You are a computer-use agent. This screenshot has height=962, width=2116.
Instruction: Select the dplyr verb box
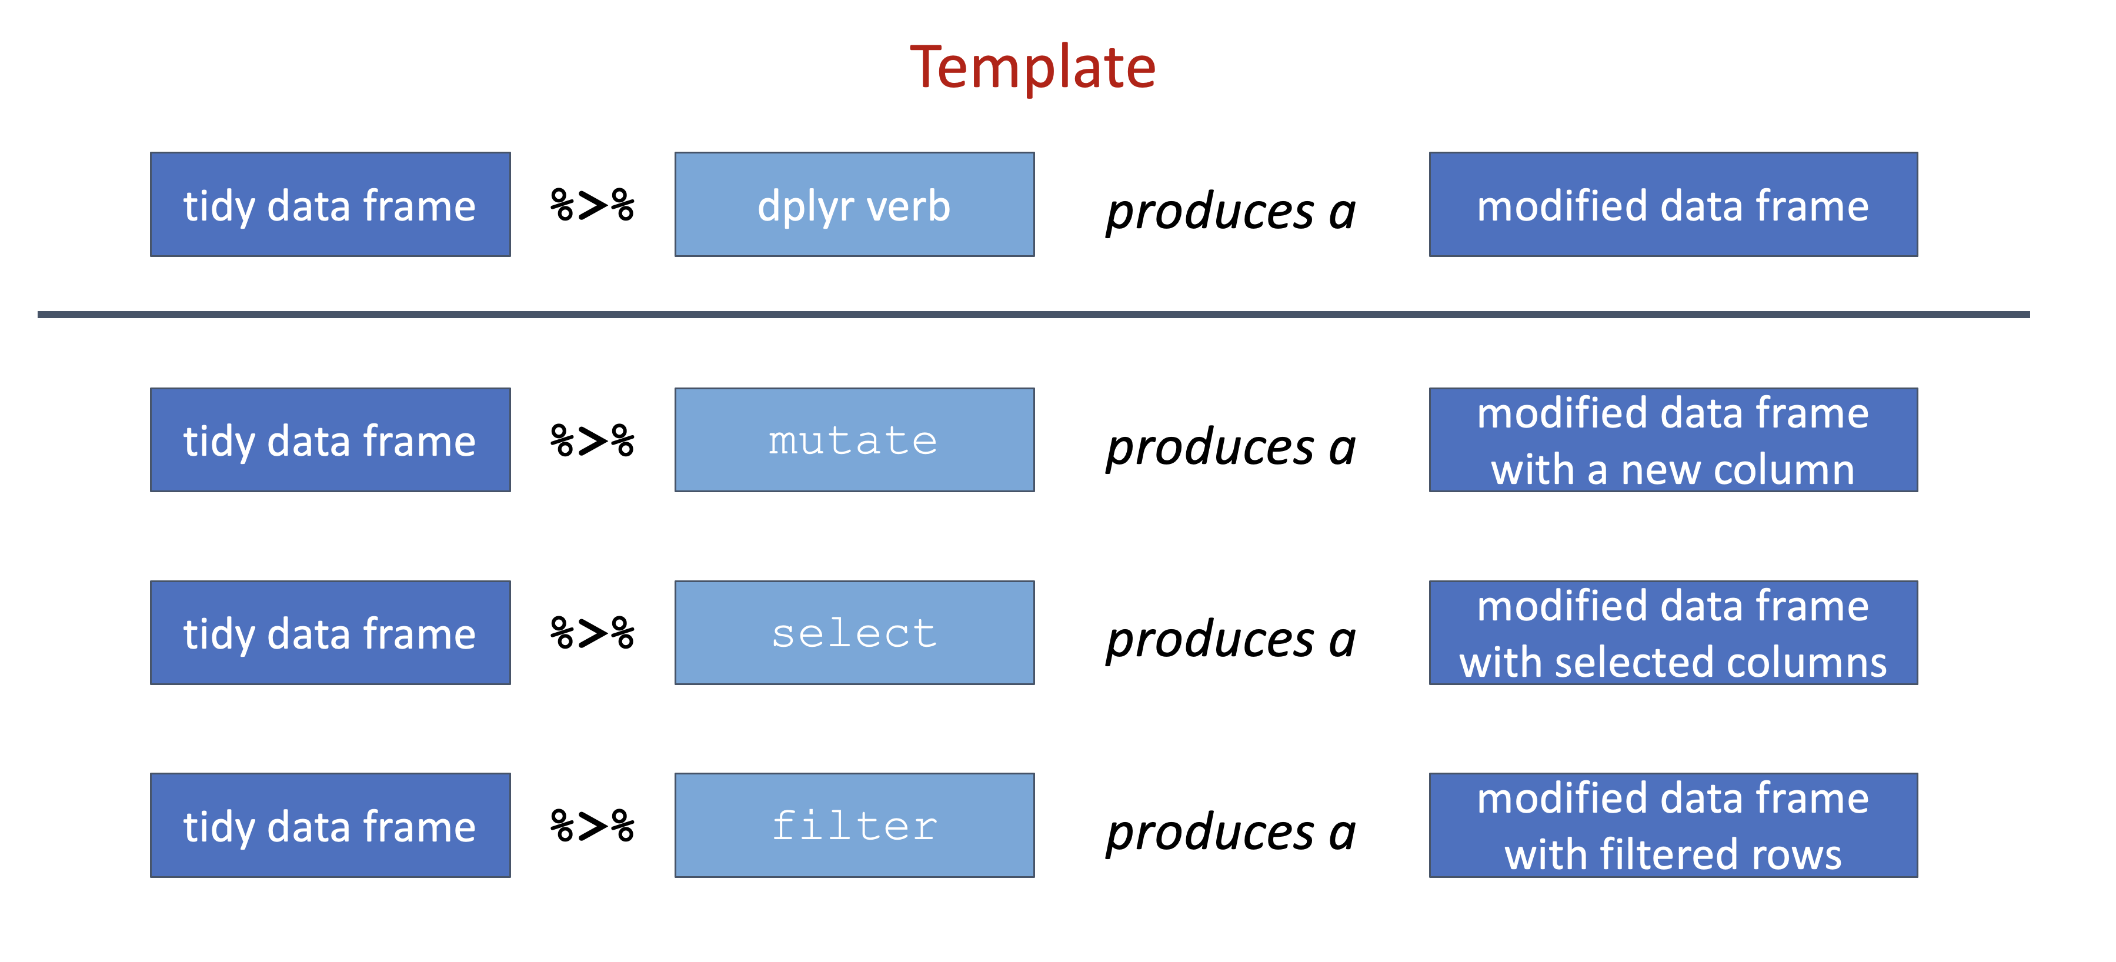click(x=855, y=205)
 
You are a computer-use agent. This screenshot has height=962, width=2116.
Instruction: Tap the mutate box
click(x=855, y=440)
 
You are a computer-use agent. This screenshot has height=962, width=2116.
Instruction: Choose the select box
click(x=855, y=633)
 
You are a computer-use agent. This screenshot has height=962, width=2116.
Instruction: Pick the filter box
click(x=855, y=826)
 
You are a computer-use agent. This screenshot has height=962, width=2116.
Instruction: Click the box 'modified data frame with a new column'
click(x=1673, y=440)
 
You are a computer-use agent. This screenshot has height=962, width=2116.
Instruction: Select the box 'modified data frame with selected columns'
click(x=1673, y=633)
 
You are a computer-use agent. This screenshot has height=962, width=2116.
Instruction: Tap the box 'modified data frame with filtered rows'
click(x=1673, y=826)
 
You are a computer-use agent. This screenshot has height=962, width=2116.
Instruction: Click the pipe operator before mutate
click(x=592, y=440)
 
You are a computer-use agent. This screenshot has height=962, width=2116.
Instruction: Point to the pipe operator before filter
click(x=592, y=826)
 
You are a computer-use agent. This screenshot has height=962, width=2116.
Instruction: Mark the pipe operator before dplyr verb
click(x=592, y=205)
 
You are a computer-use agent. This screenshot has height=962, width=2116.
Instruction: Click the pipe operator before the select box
click(x=592, y=633)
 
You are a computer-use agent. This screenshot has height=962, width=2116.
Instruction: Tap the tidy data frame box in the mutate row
click(x=330, y=440)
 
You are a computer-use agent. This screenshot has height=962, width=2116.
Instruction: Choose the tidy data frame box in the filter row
click(x=330, y=826)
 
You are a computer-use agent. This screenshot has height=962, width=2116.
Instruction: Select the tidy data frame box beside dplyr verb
click(x=330, y=205)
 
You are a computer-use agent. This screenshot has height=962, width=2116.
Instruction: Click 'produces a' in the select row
click(x=1230, y=640)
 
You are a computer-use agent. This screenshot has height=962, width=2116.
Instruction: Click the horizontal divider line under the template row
click(x=1033, y=315)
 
